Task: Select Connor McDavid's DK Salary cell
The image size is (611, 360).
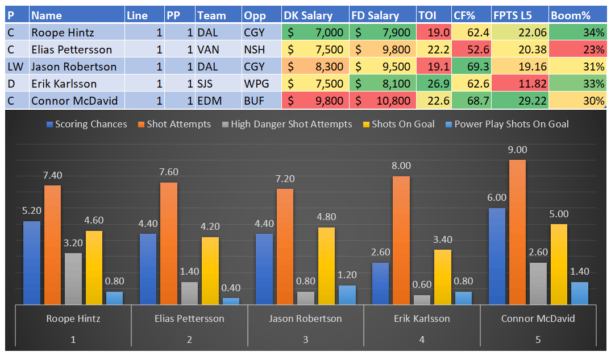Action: coord(315,101)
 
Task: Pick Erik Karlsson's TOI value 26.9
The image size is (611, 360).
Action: coord(433,84)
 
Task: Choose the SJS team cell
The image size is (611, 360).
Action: coord(217,84)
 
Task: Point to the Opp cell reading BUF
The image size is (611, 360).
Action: coord(260,101)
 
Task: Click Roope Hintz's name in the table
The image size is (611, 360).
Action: coord(63,32)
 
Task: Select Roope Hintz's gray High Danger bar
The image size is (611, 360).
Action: coord(73,279)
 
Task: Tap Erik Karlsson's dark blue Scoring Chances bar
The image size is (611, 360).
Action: coord(380,283)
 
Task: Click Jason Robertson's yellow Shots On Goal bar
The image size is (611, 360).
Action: coord(326,266)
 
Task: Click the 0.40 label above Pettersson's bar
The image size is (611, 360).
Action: coord(231,288)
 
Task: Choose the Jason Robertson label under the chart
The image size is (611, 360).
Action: coord(305,318)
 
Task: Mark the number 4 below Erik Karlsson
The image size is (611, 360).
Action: coord(422,340)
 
